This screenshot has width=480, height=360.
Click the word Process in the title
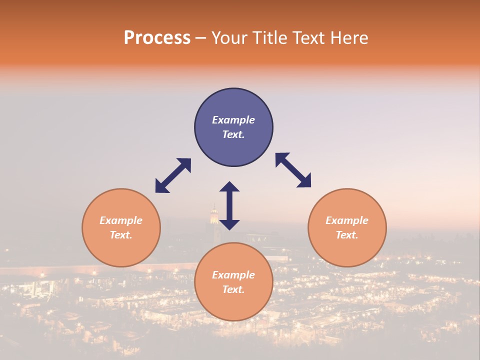click(157, 38)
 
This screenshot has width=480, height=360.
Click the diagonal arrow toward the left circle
click(173, 175)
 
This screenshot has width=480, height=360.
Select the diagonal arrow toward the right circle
click(293, 170)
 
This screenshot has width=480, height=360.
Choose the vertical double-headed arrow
click(229, 205)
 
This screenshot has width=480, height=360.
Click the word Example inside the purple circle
click(233, 120)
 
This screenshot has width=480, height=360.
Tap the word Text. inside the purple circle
click(233, 134)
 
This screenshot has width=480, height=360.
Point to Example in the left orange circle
click(121, 220)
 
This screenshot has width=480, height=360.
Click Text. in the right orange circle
click(347, 235)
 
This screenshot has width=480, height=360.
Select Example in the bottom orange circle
click(233, 275)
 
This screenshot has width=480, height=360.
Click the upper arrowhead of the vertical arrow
click(229, 187)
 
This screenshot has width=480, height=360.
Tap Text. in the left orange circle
click(121, 235)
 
